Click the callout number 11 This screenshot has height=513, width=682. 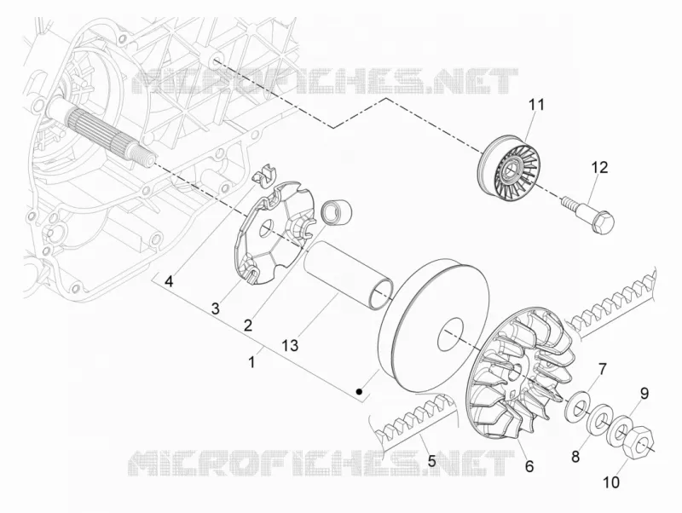tap(536, 106)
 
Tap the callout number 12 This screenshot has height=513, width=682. tap(599, 167)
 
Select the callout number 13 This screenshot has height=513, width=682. tap(290, 345)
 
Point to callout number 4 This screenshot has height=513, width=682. tap(169, 282)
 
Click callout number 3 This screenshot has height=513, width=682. tap(216, 308)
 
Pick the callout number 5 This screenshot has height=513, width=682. tap(431, 461)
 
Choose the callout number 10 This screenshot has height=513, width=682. tap(611, 481)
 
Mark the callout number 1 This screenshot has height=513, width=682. tap(251, 361)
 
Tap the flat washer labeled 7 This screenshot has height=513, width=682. tap(577, 404)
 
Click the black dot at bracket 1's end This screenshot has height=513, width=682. tap(359, 392)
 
